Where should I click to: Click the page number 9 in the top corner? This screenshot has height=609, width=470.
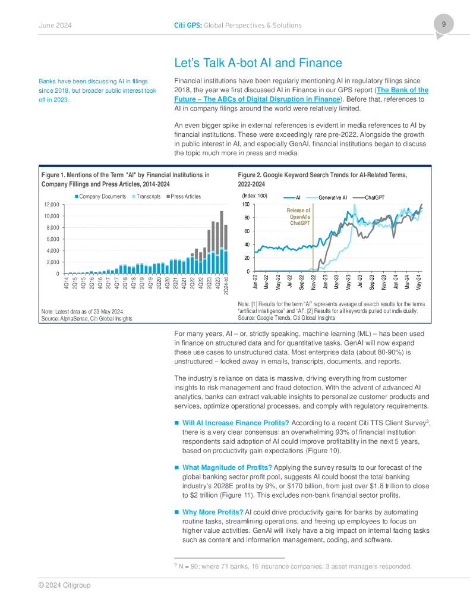click(x=443, y=24)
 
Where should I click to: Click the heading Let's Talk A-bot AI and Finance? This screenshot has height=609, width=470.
click(x=258, y=63)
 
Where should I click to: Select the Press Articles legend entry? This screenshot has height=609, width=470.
click(x=185, y=196)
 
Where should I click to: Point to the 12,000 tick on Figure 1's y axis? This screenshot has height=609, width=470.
click(x=52, y=204)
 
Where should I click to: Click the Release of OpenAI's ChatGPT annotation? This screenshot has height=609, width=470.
click(x=298, y=216)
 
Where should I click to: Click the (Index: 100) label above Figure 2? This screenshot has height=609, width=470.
click(x=254, y=196)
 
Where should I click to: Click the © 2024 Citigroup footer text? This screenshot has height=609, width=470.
click(x=65, y=585)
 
